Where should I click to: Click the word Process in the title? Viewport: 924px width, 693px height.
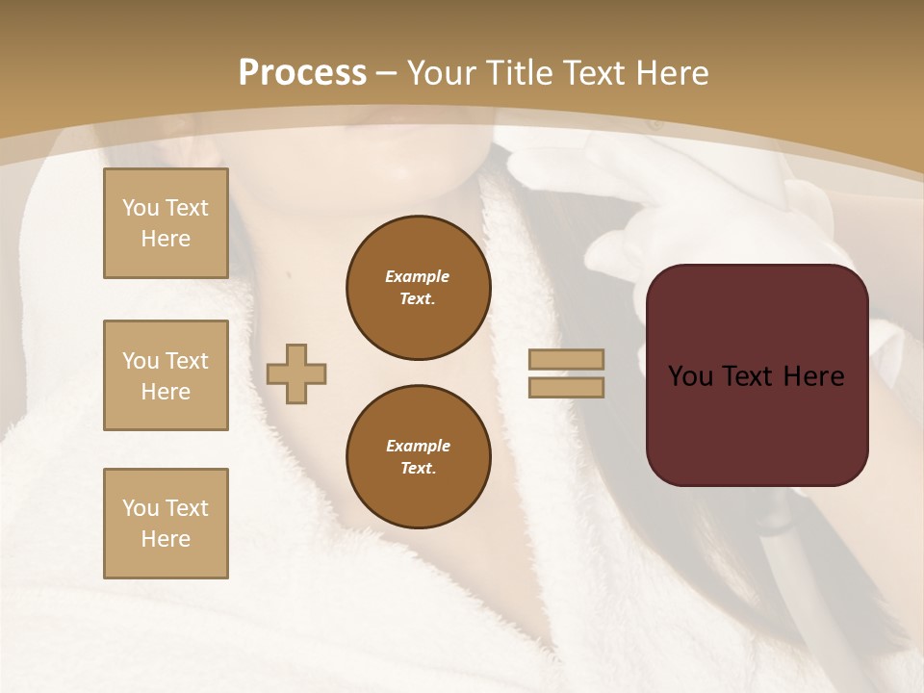[x=302, y=73]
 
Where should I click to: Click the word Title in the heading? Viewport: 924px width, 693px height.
[x=520, y=73]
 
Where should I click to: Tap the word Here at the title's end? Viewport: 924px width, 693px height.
[x=670, y=73]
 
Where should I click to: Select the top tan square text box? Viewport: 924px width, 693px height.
[x=166, y=223]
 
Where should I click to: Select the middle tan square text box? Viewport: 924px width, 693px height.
[x=166, y=375]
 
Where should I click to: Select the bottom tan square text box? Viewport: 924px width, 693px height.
[x=166, y=524]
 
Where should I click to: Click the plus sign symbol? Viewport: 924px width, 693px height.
[x=296, y=374]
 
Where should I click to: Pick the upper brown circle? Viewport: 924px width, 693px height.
[x=419, y=288]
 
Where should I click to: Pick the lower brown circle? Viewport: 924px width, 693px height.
[x=419, y=457]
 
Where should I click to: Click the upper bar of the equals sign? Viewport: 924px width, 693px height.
[x=567, y=359]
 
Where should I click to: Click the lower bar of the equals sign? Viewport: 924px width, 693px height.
[x=567, y=387]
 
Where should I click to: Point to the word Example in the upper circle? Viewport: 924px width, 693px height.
[x=418, y=276]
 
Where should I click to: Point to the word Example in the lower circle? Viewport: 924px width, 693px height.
[x=418, y=446]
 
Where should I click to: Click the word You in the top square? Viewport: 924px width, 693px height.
[x=139, y=208]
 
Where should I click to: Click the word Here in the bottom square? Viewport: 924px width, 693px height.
[x=166, y=539]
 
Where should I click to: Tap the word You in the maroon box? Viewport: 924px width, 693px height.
[x=690, y=376]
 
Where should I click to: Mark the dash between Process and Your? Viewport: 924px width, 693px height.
[x=387, y=73]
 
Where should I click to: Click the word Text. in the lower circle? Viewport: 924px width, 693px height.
[x=418, y=469]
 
